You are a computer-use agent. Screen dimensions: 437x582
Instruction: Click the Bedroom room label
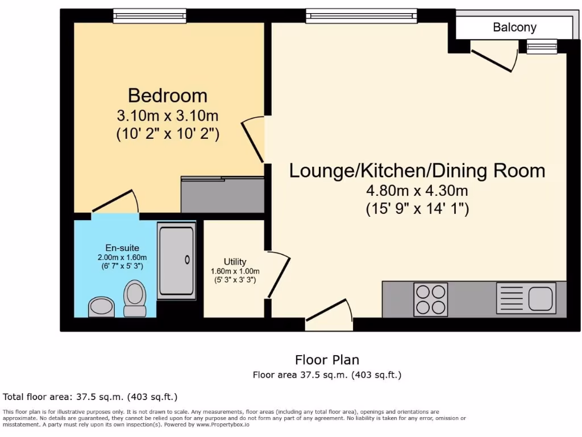(167, 94)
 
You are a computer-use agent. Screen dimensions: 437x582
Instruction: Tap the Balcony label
(514, 27)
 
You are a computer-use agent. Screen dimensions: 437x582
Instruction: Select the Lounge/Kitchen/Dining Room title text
(417, 170)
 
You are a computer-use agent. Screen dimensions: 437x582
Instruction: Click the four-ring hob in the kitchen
(431, 299)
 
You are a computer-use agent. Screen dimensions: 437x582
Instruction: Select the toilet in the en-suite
(135, 298)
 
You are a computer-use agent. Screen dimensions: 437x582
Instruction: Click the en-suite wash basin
(101, 306)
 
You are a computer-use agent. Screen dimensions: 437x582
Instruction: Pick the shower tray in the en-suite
(176, 261)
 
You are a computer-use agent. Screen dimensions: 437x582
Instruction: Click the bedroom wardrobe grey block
(222, 195)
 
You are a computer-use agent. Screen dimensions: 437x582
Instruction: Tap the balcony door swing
(493, 59)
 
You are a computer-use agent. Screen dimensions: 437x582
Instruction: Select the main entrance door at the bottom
(329, 314)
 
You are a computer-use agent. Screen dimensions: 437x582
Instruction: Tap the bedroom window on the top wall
(149, 16)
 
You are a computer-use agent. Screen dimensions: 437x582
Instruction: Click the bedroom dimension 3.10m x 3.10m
(167, 116)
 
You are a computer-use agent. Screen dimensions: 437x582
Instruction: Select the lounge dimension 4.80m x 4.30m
(417, 190)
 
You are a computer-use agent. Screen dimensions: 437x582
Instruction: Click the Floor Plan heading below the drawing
(327, 360)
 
